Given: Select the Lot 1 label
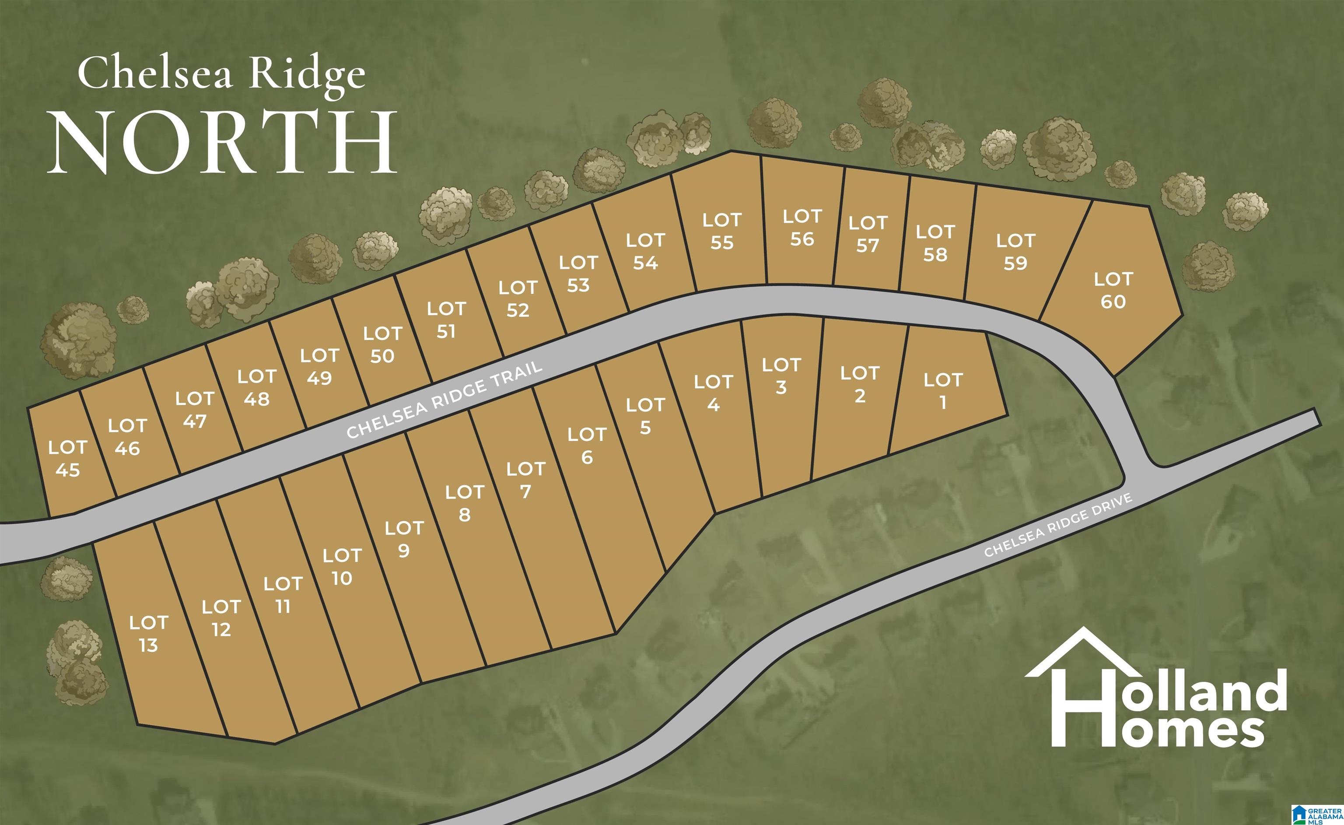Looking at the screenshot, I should [x=942, y=391].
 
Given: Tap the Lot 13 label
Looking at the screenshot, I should [x=148, y=634].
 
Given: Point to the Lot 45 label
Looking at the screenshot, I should [x=68, y=459].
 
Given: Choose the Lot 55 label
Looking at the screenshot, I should [x=721, y=232].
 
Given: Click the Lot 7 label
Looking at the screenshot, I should [x=525, y=480].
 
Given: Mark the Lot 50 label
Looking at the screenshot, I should [x=382, y=345].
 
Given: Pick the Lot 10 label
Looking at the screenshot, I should [x=342, y=567].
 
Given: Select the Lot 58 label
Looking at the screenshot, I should [x=935, y=243].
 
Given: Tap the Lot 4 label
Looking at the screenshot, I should [x=714, y=393].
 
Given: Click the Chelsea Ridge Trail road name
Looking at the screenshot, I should [x=444, y=400].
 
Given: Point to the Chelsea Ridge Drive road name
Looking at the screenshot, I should [x=1058, y=525].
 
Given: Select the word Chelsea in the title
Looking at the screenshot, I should [x=155, y=74].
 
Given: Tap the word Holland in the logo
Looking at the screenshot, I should [x=1200, y=692].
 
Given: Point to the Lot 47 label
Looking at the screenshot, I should [x=195, y=410].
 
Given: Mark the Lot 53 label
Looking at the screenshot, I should [x=578, y=274].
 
